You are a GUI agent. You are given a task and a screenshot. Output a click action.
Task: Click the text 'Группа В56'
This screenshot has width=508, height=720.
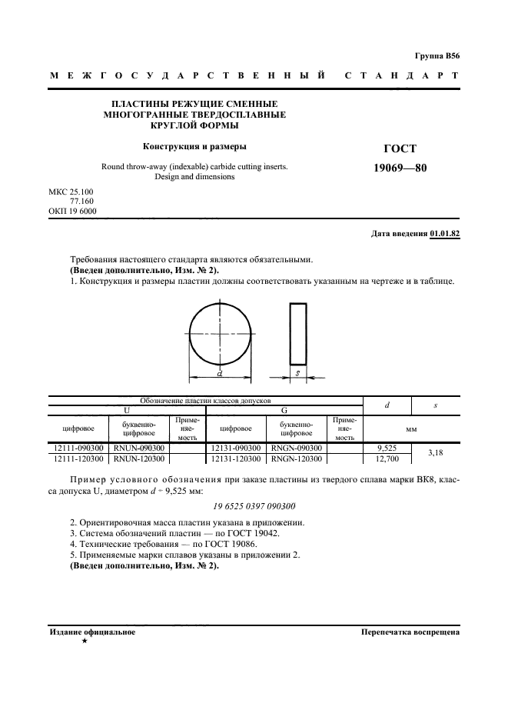(437, 56)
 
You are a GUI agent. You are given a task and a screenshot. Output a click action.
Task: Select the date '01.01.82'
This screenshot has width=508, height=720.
(444, 234)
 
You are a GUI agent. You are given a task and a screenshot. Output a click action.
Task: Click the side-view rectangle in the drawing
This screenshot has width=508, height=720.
(297, 335)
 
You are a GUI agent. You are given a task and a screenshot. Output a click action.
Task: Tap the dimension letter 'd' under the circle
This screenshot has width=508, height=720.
(220, 373)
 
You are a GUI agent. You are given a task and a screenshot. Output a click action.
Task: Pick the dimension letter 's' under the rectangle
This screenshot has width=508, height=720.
(297, 374)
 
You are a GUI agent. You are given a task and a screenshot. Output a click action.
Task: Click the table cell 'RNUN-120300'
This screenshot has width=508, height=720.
(139, 458)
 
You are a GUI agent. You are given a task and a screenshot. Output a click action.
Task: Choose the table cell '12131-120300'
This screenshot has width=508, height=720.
(236, 458)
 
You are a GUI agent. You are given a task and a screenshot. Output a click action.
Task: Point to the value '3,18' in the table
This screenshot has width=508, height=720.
(436, 453)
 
